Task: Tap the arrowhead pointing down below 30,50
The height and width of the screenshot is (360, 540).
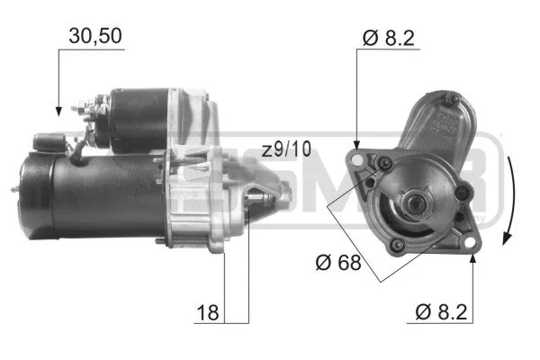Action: click(59, 110)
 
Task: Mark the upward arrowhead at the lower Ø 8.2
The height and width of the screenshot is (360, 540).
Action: click(473, 258)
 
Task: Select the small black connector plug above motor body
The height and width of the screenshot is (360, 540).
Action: click(46, 141)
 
